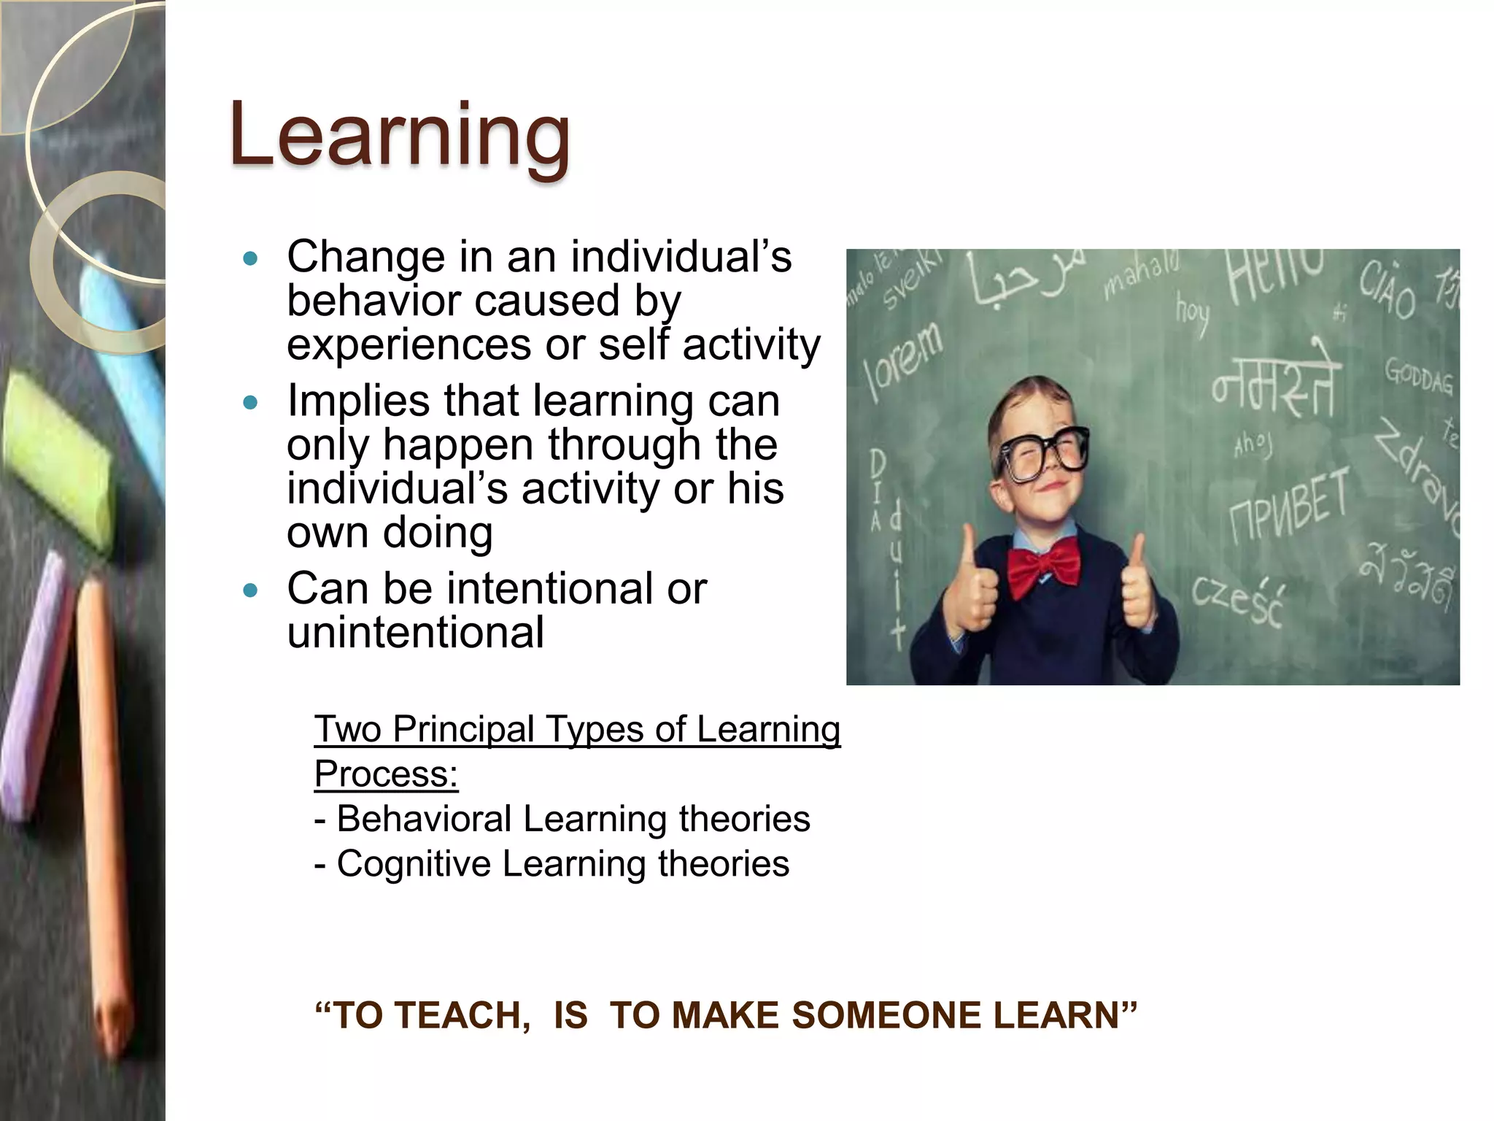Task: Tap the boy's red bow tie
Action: (1044, 569)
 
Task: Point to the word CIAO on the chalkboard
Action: (1386, 292)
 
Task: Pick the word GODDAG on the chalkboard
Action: (1419, 377)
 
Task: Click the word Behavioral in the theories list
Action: (424, 820)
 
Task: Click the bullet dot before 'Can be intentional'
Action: (250, 590)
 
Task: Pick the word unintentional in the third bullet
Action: (415, 633)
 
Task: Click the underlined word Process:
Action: (386, 774)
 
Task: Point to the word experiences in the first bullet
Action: (409, 344)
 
